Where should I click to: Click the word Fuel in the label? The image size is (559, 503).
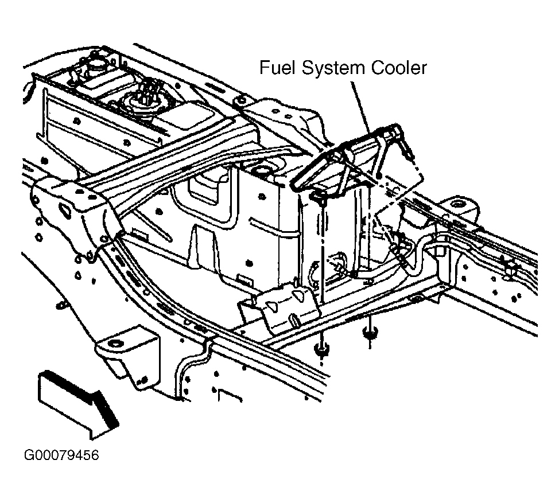278,68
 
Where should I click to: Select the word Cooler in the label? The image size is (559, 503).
399,68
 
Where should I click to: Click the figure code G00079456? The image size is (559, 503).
61,455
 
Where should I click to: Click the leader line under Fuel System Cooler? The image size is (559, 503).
360,108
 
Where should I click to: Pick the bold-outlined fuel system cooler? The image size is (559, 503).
351,157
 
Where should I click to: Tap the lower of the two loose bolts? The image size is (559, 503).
323,351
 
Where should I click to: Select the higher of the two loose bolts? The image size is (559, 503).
370,334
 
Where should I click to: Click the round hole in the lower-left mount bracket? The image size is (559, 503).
115,345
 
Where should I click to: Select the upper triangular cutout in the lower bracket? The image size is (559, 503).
298,293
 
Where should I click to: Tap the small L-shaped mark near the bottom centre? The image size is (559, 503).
229,395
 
